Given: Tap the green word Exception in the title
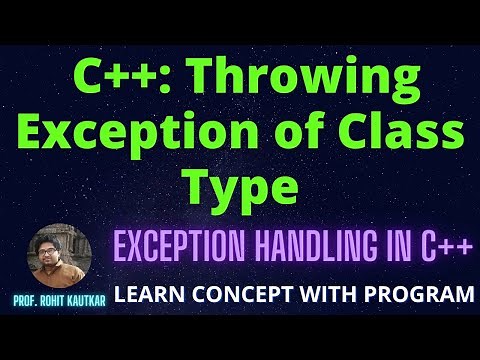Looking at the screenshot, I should pos(183,134).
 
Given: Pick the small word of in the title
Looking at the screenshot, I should pos(312,134).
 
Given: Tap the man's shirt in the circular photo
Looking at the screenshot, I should pos(58,274).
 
